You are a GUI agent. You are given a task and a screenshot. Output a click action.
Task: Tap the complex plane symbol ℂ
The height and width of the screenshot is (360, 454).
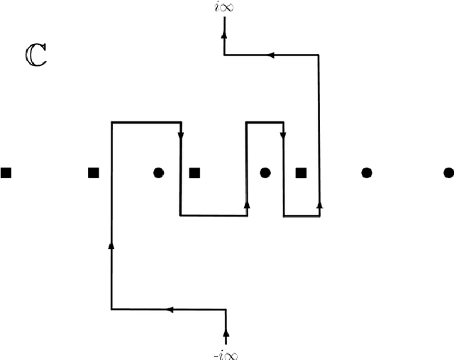[33, 56]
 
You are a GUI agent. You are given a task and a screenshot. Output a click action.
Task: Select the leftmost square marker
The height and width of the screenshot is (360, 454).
[6, 172]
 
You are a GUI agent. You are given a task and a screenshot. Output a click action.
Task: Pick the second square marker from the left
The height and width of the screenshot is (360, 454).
[92, 172]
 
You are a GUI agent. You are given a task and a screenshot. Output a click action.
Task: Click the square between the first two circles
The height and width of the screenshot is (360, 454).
[194, 172]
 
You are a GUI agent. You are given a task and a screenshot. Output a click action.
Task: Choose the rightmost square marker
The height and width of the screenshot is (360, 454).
[301, 172]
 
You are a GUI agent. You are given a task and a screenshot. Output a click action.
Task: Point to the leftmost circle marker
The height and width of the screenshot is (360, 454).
[158, 172]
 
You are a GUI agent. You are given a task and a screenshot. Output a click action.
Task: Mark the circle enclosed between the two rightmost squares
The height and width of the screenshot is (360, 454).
[265, 172]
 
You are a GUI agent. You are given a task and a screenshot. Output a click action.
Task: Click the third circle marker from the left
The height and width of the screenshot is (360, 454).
[367, 172]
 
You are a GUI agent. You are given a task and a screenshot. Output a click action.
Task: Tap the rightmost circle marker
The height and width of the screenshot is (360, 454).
[448, 172]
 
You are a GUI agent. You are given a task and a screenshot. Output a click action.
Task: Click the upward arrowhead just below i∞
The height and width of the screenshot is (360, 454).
[224, 33]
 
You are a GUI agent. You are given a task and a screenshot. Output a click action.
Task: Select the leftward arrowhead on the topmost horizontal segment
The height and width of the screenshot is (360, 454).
[270, 55]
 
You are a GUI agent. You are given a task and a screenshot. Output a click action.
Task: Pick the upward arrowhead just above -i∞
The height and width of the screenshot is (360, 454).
[226, 331]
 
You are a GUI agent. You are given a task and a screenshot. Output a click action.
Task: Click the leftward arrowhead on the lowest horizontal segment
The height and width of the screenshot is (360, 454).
[170, 309]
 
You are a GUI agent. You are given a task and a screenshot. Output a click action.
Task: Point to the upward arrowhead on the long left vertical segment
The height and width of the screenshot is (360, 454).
[111, 245]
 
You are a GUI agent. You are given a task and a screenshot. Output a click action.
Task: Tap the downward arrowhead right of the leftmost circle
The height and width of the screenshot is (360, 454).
[181, 134]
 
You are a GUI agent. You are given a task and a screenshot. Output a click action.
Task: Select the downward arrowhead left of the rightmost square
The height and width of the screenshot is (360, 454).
[284, 134]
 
